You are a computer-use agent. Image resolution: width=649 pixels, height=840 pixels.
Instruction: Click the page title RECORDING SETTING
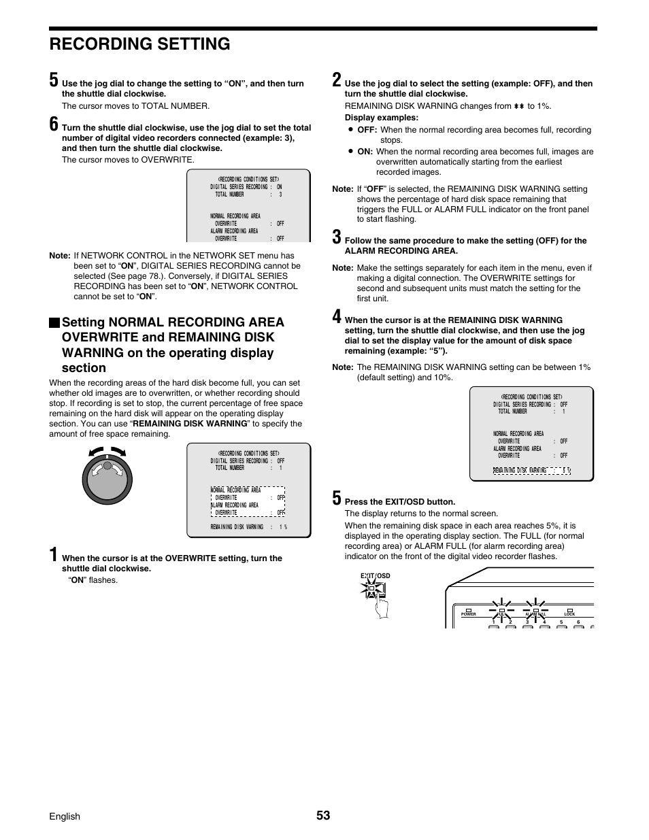pos(139,44)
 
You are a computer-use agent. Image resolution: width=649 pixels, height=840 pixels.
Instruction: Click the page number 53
pos(323,816)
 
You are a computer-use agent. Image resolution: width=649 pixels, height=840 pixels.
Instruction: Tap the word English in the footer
pos(65,816)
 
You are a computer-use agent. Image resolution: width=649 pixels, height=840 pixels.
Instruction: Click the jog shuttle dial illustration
pos(107,479)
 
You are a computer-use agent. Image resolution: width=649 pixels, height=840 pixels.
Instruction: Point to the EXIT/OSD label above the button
pos(376,576)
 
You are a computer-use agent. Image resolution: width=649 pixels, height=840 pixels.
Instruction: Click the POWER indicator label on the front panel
pos(469,614)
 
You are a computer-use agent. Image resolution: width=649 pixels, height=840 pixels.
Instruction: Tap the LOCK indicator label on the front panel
pos(570,614)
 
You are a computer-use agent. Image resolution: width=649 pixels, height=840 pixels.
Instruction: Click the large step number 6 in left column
pos(54,124)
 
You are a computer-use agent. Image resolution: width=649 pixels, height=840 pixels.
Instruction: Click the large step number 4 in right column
pos(337,316)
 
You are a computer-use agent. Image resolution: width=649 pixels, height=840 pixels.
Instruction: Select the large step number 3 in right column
pos(337,237)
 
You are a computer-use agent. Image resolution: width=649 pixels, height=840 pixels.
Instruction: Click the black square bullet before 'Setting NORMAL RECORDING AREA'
pos(54,322)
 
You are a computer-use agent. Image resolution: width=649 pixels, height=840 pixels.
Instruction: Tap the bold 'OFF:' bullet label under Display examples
pos(367,130)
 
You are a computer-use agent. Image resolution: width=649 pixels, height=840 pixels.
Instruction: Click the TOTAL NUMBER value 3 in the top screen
pos(280,195)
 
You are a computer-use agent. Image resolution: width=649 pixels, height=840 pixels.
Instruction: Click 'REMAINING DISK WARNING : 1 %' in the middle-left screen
pos(248,527)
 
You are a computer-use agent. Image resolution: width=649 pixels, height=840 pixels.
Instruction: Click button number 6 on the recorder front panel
pos(578,622)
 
